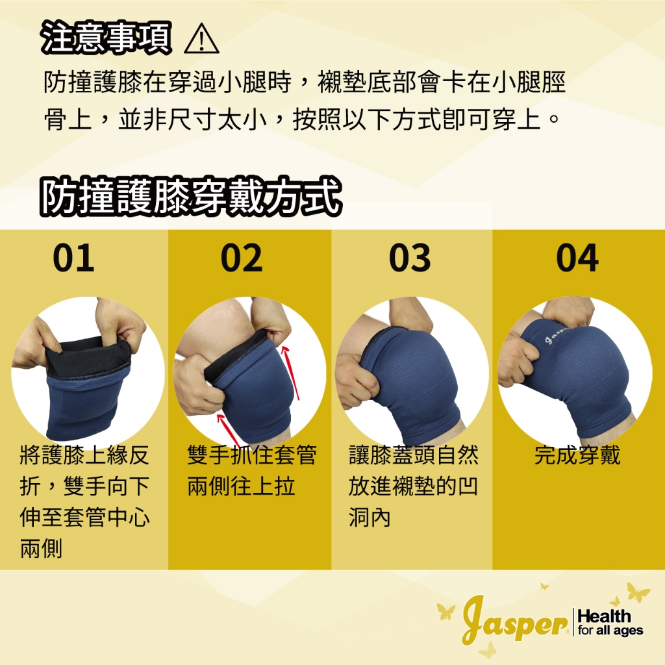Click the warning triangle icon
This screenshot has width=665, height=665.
pos(201,39)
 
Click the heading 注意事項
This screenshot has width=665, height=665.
pos(107,38)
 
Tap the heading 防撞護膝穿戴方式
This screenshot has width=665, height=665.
pos(191,197)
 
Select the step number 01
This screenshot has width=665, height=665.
pos(73,258)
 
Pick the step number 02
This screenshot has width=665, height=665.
pos(242,258)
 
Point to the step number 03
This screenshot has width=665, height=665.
pos(410,258)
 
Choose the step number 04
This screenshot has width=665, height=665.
pos(577,258)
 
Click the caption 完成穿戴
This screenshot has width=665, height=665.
pos(577,455)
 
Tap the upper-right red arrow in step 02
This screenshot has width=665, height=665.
pos(292,373)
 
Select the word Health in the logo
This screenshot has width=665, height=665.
pos(604,616)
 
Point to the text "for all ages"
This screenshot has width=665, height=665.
pos(610,631)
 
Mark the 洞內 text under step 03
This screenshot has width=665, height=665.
pos(370,518)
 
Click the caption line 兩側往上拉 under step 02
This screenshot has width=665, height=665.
pos(242,486)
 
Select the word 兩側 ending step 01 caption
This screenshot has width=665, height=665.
pos(41,549)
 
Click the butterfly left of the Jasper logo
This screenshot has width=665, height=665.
pos(446,611)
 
